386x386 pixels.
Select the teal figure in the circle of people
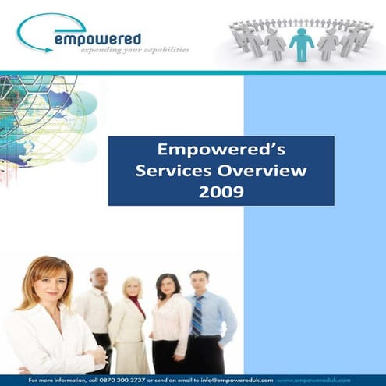[x=301, y=44]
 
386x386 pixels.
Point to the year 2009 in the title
[x=221, y=189]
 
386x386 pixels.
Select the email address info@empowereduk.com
[x=232, y=379]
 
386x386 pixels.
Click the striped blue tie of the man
[x=197, y=316]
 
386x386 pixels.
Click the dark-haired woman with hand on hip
[x=168, y=324]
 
